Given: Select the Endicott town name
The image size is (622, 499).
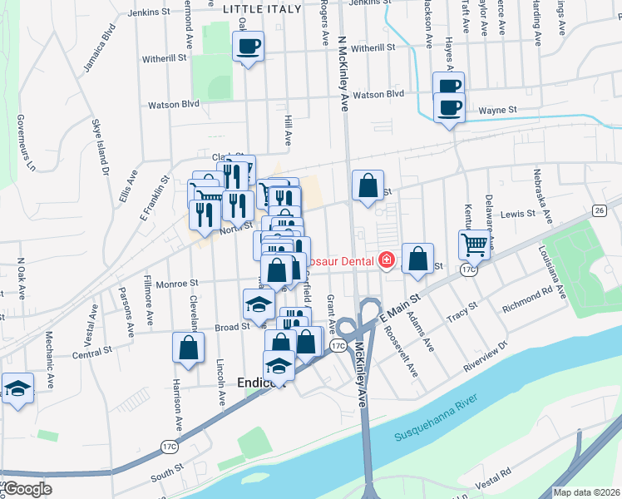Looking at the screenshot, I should point(261,383).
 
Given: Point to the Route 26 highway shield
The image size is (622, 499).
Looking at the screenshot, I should point(598,210).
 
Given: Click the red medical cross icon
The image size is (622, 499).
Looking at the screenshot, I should point(385,261).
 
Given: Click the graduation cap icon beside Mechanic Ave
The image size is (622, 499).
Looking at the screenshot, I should point(17,388).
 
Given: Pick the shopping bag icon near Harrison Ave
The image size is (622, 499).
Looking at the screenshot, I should point(189,348).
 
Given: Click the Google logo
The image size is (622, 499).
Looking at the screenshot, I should point(27,489).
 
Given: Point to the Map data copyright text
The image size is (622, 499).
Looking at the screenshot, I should point(586,492).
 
